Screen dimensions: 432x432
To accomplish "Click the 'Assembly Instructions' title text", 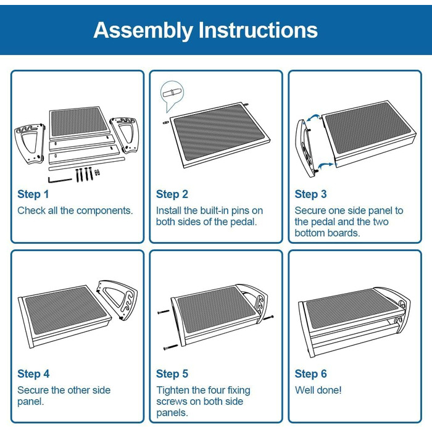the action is coord(206,30).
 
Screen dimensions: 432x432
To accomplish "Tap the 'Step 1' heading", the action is coord(33,194).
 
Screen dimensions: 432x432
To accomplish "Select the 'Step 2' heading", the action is coord(172,194).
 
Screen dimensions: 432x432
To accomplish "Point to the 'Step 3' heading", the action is coord(310,194).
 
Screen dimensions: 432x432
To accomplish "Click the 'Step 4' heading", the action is coord(33,374).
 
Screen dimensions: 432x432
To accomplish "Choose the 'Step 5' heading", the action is coord(172,374).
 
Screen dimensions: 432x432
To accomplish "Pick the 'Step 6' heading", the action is coord(310,374).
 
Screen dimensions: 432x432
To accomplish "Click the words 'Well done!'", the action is coord(318,390).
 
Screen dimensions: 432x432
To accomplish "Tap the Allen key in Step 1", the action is coord(59,180).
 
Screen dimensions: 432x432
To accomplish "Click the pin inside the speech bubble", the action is coord(172,93).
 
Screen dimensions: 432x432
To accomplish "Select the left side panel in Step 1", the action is coord(30,144).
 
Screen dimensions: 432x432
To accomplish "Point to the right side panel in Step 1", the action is coord(125,134).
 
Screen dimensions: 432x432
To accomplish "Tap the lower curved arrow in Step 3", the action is coord(326,165).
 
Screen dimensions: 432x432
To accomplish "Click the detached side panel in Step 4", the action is coord(117,300).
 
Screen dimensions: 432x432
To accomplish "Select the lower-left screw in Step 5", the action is coord(171,347).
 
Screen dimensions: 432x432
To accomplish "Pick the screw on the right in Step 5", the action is coord(268,318).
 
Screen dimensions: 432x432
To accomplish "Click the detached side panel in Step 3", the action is coord(306,148).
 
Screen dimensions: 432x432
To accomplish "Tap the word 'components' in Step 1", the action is coord(105,211).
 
